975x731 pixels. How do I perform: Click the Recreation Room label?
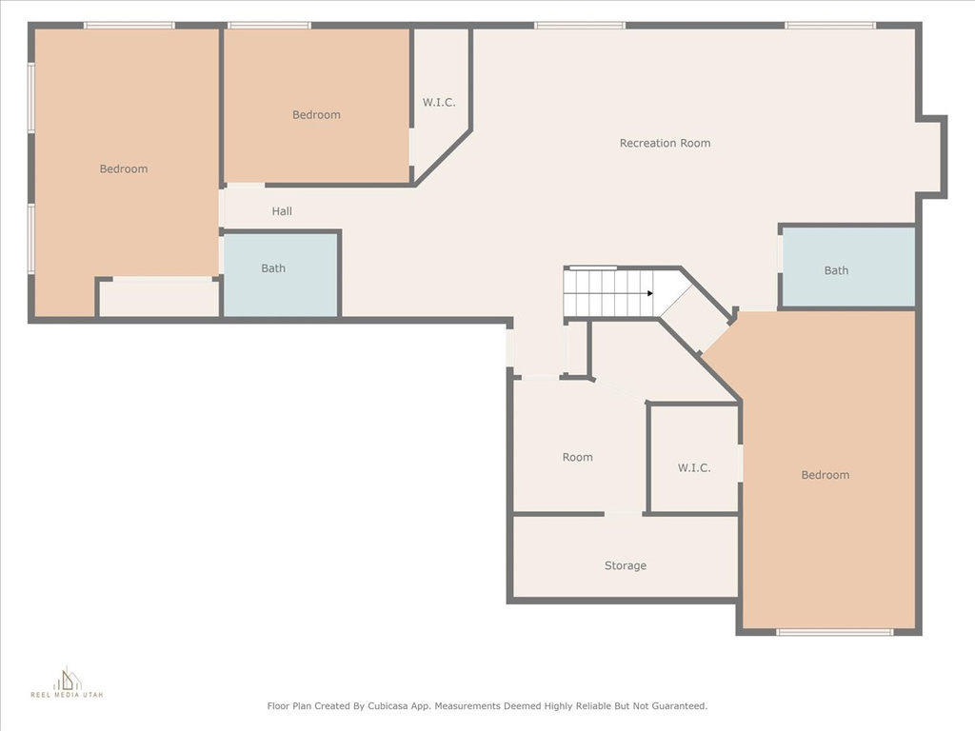point(665,143)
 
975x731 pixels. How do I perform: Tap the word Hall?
point(282,211)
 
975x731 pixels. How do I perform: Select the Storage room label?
point(625,565)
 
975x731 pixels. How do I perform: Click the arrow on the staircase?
point(649,293)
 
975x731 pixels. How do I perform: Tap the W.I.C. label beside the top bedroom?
point(439,102)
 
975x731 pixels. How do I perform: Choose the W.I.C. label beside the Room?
point(694,467)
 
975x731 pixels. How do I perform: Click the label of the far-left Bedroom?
point(124,168)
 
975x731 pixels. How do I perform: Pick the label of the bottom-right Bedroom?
point(825,475)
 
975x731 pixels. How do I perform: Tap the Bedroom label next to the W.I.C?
point(316,114)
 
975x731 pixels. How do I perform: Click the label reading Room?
point(577,457)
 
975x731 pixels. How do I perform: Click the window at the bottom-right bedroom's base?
point(834,632)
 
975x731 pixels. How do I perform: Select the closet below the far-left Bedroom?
point(159,298)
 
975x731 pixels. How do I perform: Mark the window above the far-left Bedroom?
point(129,25)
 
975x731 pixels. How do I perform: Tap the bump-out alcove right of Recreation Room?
point(930,157)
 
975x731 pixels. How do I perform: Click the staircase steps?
point(607,293)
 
